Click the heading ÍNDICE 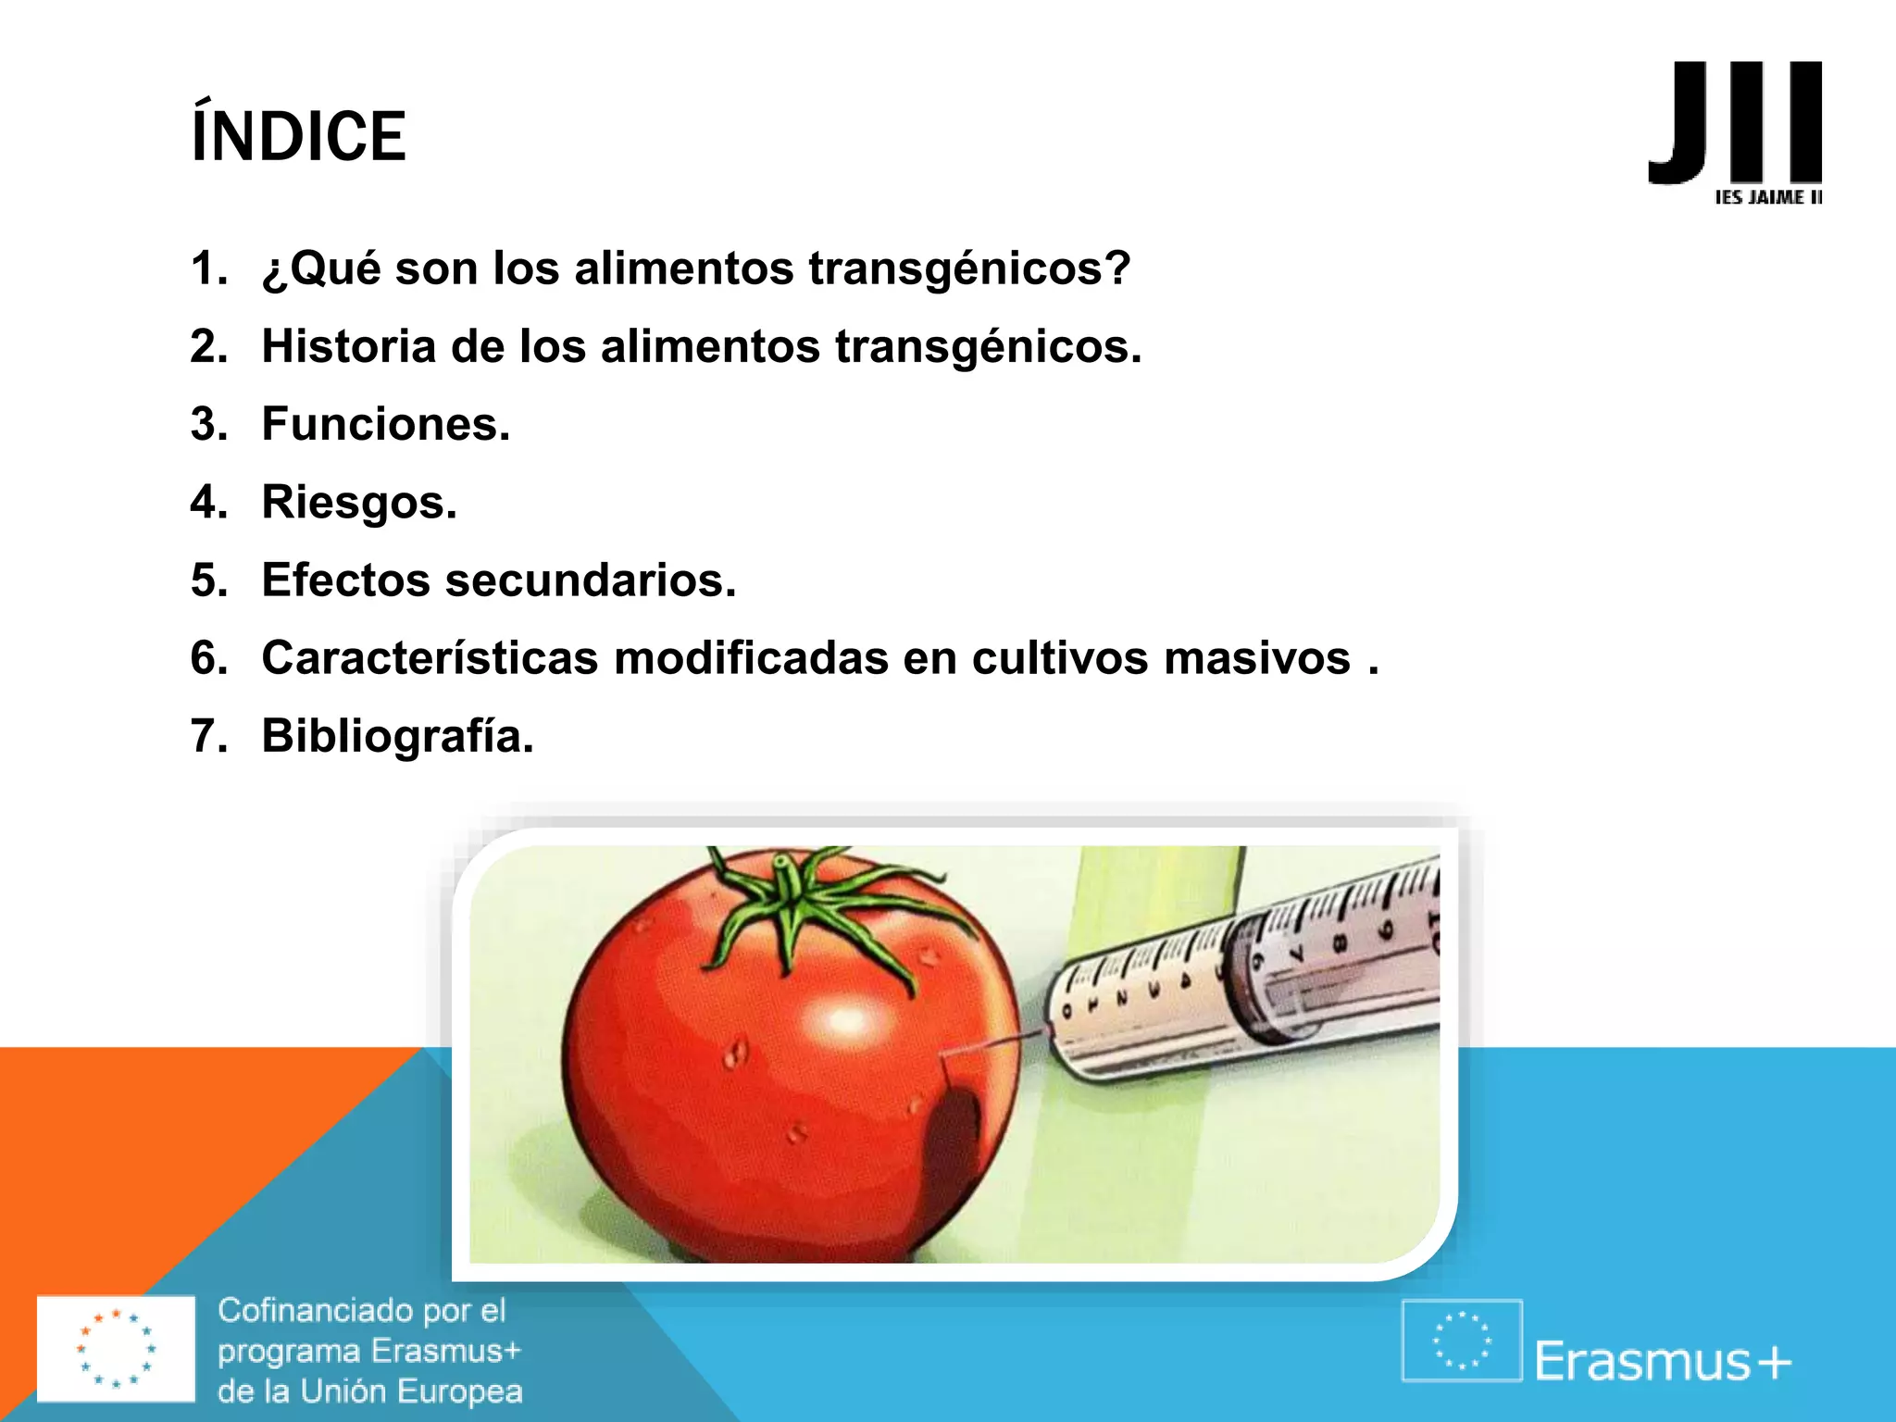click(298, 135)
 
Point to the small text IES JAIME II click(1767, 197)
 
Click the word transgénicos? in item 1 click(969, 268)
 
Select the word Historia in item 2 click(349, 346)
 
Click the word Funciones click(385, 424)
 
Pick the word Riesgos click(359, 502)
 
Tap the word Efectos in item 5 click(345, 580)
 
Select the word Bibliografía click(397, 736)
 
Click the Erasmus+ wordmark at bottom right click(1663, 1361)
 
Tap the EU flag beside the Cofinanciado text click(116, 1348)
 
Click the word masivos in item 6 click(1256, 657)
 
